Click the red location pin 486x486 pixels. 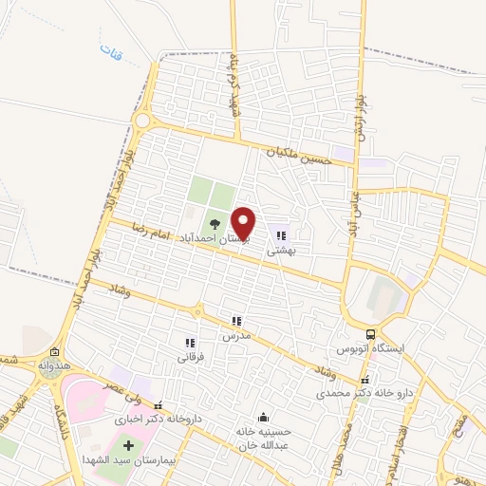pyautogui.click(x=244, y=222)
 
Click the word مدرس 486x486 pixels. pyautogui.click(x=235, y=337)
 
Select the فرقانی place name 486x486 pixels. pyautogui.click(x=190, y=358)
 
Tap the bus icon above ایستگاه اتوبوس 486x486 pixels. pyautogui.click(x=371, y=334)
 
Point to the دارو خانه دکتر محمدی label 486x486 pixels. pyautogui.click(x=361, y=392)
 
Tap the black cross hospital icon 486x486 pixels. pyautogui.click(x=129, y=445)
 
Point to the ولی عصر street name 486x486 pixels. pyautogui.click(x=124, y=387)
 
